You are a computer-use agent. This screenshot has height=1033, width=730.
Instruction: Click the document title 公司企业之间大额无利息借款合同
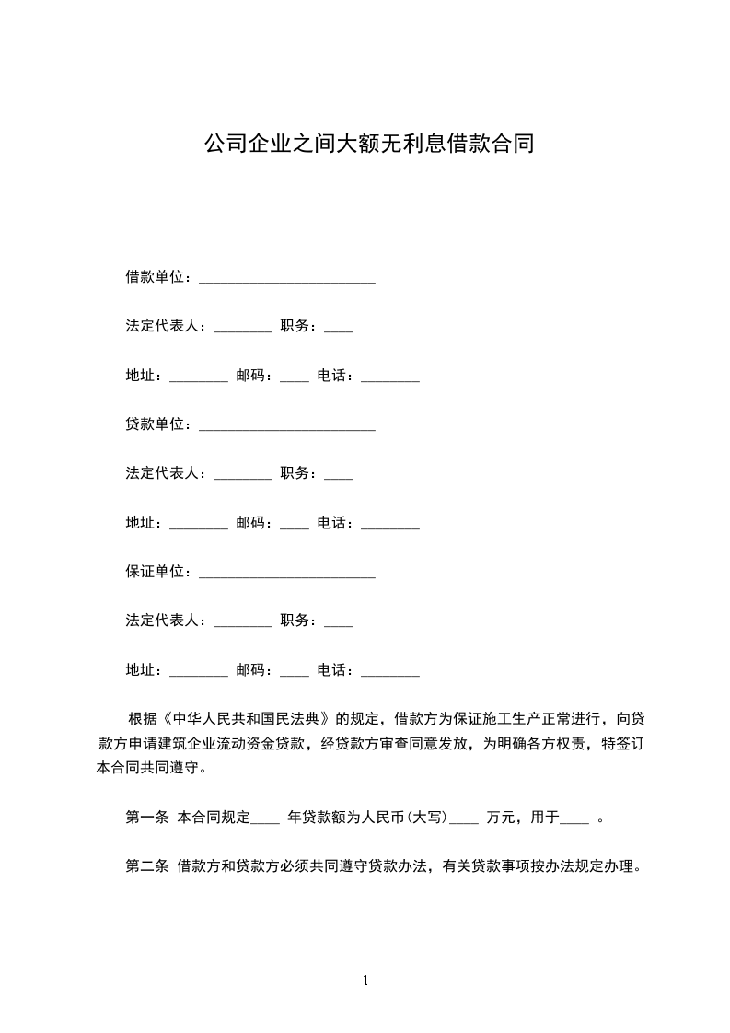(368, 145)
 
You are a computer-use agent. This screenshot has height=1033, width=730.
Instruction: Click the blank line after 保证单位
(286, 575)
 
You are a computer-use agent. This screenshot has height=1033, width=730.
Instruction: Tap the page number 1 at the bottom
(365, 981)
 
